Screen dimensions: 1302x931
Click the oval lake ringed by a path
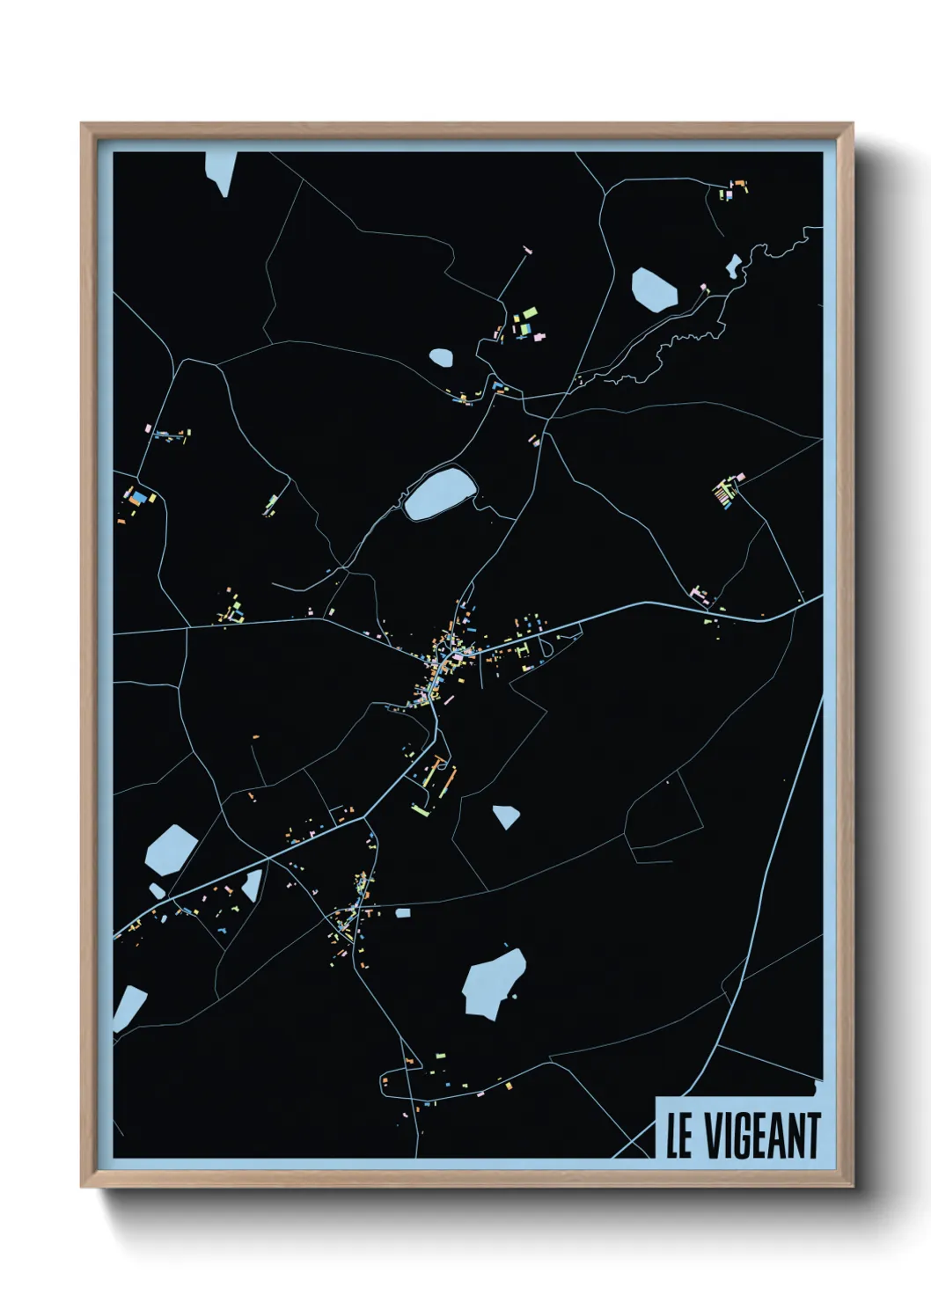coord(439,494)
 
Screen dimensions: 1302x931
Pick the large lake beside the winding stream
coord(654,289)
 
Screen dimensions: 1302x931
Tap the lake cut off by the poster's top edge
coord(221,171)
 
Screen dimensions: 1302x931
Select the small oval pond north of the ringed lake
coord(441,358)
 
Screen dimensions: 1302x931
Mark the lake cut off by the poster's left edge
coord(128,1007)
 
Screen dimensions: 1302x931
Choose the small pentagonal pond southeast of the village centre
coord(505,816)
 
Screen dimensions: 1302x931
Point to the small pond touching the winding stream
coord(732,265)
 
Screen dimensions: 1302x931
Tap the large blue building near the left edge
coord(137,497)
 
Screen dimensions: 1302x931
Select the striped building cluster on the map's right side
coord(723,494)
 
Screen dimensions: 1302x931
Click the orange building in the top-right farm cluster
coord(739,184)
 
